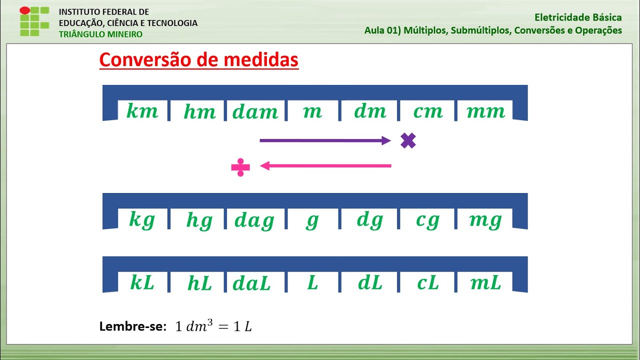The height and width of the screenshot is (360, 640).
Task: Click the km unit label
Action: (x=142, y=111)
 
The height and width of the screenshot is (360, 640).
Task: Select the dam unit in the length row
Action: (x=255, y=111)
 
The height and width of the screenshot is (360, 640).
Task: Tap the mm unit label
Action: (x=485, y=111)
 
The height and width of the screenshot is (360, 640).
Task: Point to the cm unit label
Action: (x=428, y=111)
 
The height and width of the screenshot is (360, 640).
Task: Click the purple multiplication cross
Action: (x=408, y=141)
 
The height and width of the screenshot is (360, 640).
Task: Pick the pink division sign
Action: (x=240, y=167)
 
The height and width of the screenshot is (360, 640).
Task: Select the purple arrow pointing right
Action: (x=325, y=141)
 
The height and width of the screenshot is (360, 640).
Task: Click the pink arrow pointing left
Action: (x=325, y=165)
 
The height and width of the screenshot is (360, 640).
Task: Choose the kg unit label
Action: (x=142, y=220)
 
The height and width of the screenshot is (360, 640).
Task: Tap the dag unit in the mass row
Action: (x=254, y=220)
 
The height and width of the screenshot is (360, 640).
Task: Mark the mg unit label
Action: (x=485, y=220)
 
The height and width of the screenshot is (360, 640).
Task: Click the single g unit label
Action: (x=312, y=220)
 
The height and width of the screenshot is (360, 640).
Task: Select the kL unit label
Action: (x=142, y=283)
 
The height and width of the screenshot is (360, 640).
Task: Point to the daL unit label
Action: (x=251, y=283)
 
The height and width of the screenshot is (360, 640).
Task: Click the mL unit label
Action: (x=485, y=283)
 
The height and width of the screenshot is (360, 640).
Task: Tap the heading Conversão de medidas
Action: (x=198, y=60)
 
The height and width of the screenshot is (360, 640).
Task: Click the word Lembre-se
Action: (x=132, y=327)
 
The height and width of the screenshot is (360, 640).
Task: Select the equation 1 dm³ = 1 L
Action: (x=213, y=326)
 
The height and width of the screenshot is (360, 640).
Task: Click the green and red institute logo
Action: (x=34, y=21)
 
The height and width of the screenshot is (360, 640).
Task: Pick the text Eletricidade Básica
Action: (x=578, y=17)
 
